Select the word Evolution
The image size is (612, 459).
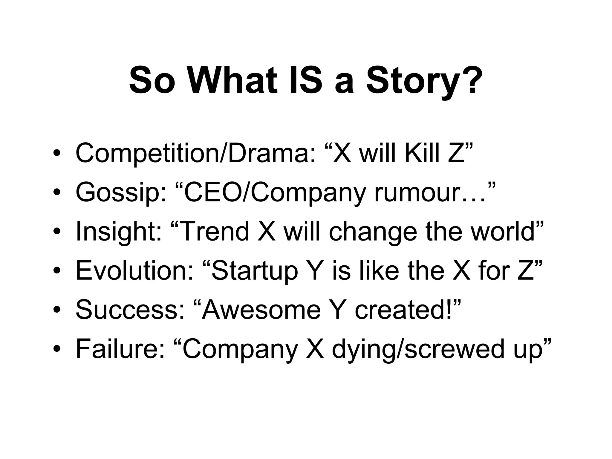[134, 271]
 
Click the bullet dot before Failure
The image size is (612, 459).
[57, 349]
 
